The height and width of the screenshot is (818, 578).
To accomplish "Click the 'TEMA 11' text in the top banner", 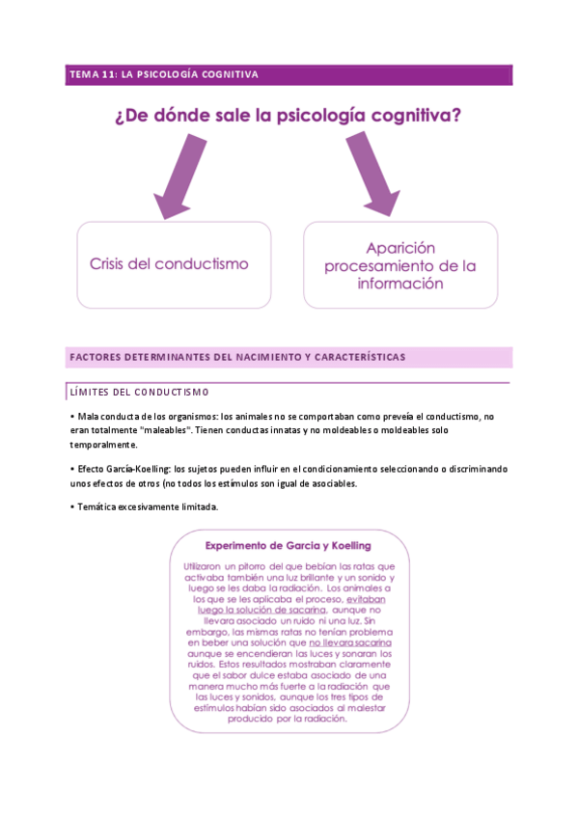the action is click(x=92, y=74).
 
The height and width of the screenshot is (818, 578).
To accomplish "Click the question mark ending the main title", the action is click(x=454, y=117).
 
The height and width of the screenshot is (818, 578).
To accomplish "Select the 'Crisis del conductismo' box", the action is click(x=174, y=264).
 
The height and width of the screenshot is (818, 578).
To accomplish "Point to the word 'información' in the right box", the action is click(x=400, y=284).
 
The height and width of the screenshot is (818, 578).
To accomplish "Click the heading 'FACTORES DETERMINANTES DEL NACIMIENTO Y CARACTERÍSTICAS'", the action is click(x=237, y=357).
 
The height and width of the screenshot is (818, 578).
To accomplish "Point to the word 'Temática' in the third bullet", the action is click(x=98, y=507).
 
